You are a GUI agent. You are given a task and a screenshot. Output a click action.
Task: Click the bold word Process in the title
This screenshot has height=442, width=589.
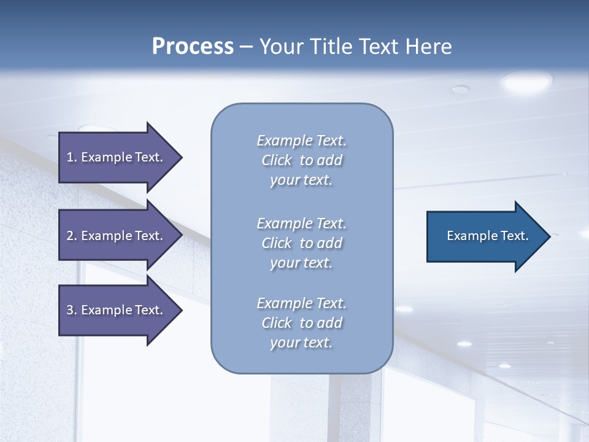[193, 47]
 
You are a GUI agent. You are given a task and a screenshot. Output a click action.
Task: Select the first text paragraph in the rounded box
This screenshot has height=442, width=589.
[301, 160]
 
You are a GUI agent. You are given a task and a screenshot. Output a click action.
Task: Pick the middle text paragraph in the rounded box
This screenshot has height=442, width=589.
[301, 243]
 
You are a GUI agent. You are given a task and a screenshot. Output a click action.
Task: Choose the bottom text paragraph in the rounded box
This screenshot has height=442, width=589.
[301, 323]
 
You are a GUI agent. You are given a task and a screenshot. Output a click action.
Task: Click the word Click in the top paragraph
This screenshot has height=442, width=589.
[277, 160]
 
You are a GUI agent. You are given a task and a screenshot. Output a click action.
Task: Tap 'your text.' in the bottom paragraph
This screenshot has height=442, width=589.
[301, 343]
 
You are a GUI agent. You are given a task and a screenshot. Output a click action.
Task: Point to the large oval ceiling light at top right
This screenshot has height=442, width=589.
[526, 80]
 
